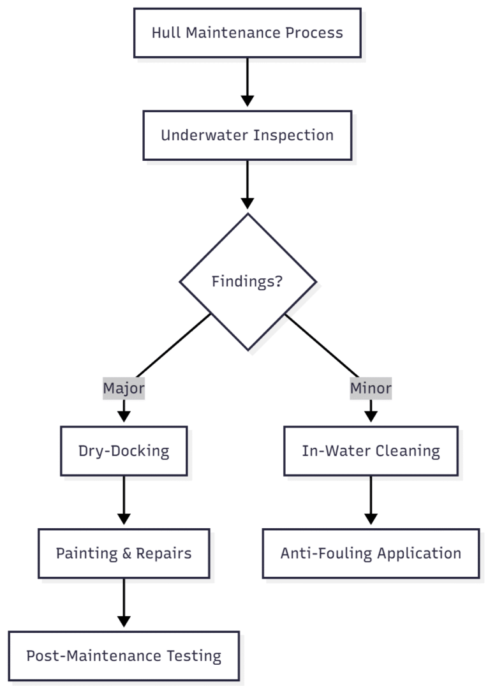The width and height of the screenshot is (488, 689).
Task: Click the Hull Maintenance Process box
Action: [247, 33]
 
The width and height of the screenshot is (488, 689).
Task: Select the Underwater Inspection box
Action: [247, 135]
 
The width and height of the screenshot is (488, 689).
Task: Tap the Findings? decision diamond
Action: [248, 281]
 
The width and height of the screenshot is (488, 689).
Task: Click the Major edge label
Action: [124, 388]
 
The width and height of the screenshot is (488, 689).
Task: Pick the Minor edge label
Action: [371, 388]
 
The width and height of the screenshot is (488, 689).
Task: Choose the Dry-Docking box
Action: [124, 451]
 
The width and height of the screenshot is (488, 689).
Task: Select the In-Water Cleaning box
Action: [371, 451]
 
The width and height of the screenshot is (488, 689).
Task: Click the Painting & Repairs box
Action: [124, 553]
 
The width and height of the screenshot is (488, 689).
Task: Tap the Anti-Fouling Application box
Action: [371, 553]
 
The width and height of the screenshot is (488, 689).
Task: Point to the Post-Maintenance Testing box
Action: [124, 656]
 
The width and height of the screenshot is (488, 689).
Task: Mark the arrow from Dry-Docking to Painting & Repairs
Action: [124, 501]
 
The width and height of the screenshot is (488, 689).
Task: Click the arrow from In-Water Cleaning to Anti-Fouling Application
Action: [371, 501]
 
